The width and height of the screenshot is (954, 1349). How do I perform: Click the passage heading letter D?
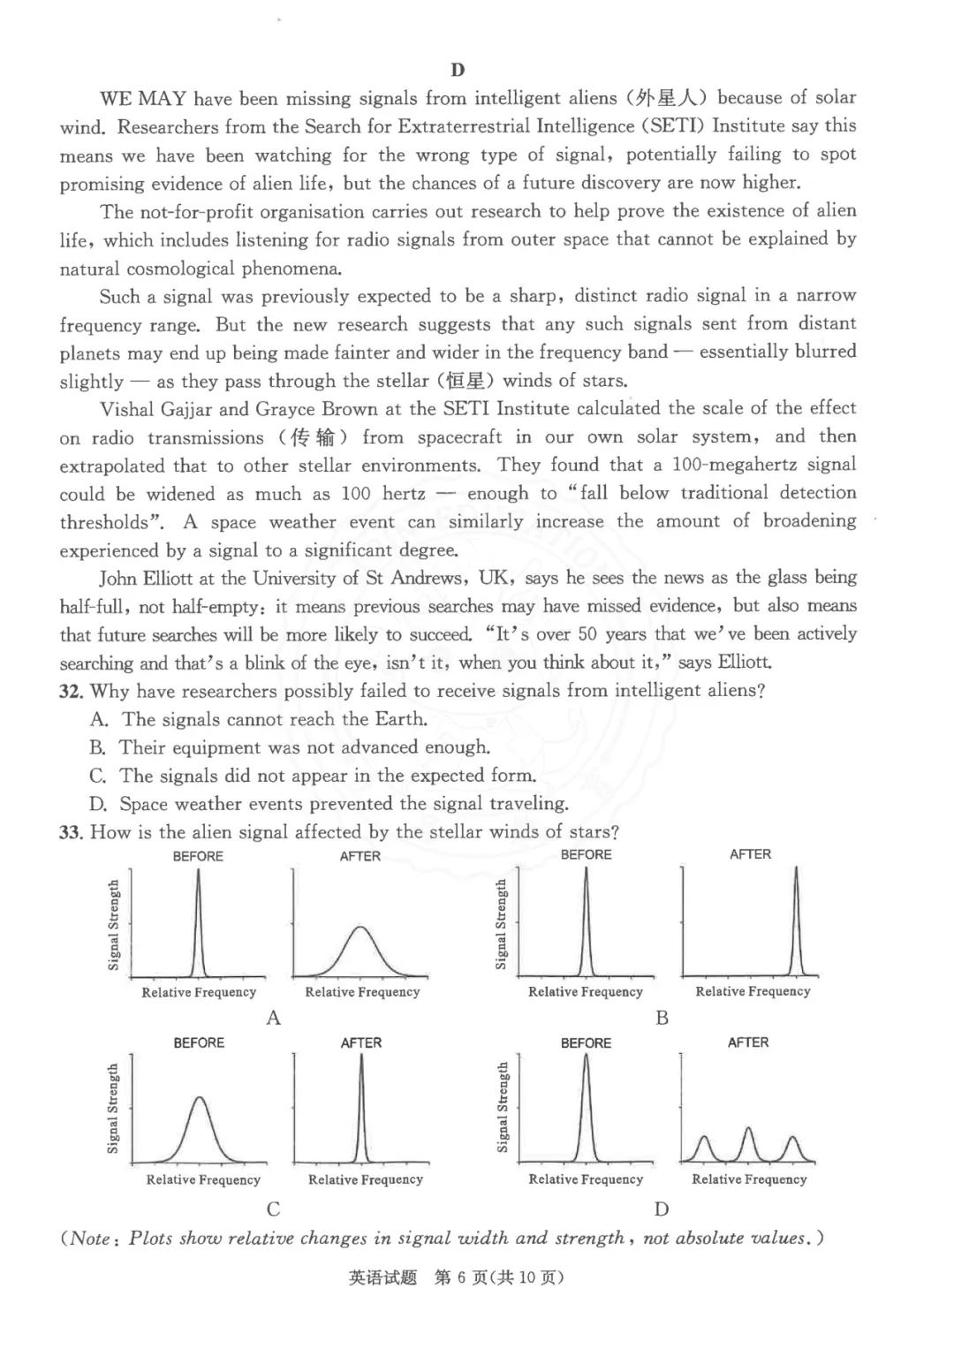tap(457, 71)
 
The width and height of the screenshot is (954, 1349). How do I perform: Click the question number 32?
tap(71, 691)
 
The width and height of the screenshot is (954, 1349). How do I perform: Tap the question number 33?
tap(71, 832)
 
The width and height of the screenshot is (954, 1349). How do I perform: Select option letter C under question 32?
tap(98, 777)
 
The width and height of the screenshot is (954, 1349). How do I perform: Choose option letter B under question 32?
tap(98, 748)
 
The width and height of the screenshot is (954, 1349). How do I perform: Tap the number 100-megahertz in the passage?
tap(731, 465)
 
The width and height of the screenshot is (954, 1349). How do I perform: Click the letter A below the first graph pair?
tap(274, 1019)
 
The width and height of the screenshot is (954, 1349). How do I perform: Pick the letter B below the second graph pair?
tap(662, 1018)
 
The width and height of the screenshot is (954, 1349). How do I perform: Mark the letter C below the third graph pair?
tap(274, 1209)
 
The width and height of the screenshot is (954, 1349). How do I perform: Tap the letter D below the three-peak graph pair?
tap(662, 1209)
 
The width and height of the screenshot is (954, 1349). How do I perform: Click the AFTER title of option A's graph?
tap(360, 857)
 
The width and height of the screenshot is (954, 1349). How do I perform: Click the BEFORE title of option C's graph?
tap(199, 1043)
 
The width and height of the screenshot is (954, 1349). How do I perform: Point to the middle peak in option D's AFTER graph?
tap(748, 1131)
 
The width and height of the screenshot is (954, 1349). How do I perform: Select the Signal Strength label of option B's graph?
tap(502, 924)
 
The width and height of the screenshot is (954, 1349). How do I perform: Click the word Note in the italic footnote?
tap(90, 1239)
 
